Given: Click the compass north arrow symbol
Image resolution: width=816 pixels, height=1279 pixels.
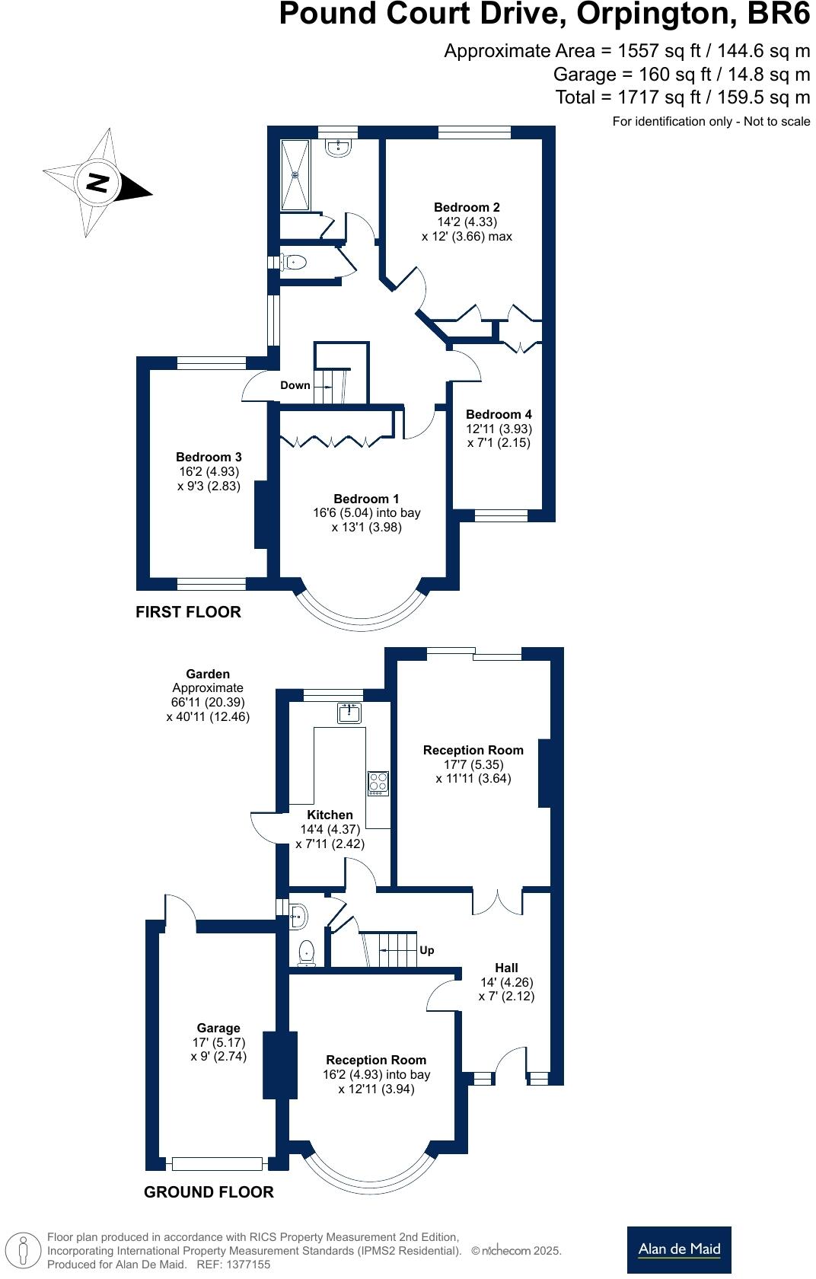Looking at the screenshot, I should pyautogui.click(x=97, y=183).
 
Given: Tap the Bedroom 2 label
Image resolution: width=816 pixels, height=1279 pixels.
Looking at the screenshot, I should pyautogui.click(x=467, y=207).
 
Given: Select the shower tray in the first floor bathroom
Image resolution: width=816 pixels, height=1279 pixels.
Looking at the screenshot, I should pyautogui.click(x=295, y=175).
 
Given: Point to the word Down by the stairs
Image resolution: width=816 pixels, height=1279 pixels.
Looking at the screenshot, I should pyautogui.click(x=295, y=385).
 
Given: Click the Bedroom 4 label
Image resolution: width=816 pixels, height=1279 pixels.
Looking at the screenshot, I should pyautogui.click(x=499, y=414).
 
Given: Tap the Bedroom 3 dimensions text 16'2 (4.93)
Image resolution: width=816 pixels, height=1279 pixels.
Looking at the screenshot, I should pyautogui.click(x=209, y=471).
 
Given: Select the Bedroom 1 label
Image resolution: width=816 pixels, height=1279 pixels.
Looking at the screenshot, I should pyautogui.click(x=366, y=499).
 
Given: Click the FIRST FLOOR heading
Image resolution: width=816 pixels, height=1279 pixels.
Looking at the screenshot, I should pyautogui.click(x=188, y=612).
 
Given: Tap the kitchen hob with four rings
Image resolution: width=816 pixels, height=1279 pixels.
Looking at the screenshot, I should pyautogui.click(x=378, y=783).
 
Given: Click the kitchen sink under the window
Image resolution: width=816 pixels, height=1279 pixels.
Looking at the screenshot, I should pyautogui.click(x=349, y=713).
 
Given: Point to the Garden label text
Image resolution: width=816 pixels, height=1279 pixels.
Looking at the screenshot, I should pyautogui.click(x=208, y=674).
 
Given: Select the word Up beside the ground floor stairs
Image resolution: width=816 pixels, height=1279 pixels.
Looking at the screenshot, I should pyautogui.click(x=427, y=950).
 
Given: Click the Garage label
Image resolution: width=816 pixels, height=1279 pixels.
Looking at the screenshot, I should pyautogui.click(x=218, y=1028).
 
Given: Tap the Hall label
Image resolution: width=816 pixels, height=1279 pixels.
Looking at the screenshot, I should pyautogui.click(x=506, y=968).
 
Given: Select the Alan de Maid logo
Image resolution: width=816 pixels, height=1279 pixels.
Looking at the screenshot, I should pyautogui.click(x=679, y=1249).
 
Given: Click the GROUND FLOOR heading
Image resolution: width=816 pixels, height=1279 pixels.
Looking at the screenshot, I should pyautogui.click(x=209, y=1192).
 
